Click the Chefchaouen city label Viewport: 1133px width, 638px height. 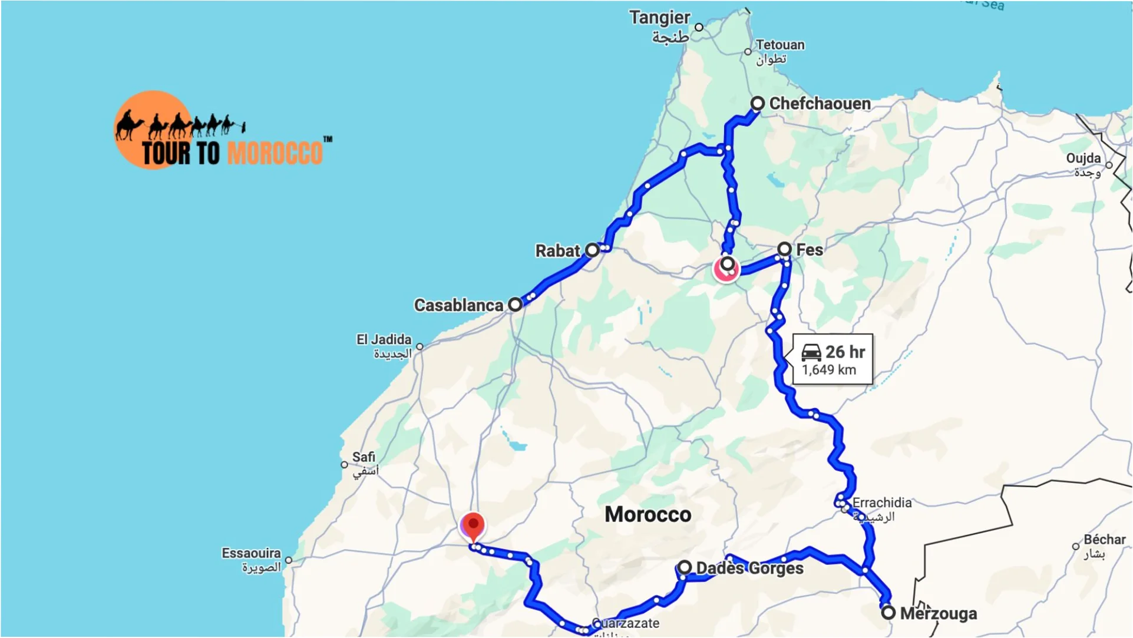pyautogui.click(x=820, y=104)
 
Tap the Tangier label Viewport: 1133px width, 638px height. pyautogui.click(x=659, y=18)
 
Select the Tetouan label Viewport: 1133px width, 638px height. pyautogui.click(x=779, y=45)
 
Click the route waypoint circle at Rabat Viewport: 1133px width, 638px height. pyautogui.click(x=593, y=250)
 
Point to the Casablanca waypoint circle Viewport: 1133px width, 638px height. pyautogui.click(x=515, y=305)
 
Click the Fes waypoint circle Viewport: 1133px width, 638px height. pyautogui.click(x=784, y=249)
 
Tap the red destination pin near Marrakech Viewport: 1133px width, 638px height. pyautogui.click(x=473, y=525)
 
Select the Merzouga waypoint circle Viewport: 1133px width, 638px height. pyautogui.click(x=888, y=613)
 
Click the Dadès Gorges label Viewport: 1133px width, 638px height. pyautogui.click(x=749, y=568)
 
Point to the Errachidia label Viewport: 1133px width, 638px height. pyautogui.click(x=881, y=503)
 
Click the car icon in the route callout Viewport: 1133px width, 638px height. pyautogui.click(x=811, y=352)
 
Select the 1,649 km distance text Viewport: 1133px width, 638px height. pyautogui.click(x=828, y=371)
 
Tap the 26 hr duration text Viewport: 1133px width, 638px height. pyautogui.click(x=845, y=352)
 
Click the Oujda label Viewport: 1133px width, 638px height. pyautogui.click(x=1083, y=158)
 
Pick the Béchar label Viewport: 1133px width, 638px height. pyautogui.click(x=1104, y=540)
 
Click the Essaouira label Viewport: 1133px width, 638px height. pyautogui.click(x=251, y=553)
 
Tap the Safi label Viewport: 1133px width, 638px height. pyautogui.click(x=364, y=457)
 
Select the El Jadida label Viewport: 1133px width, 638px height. pyautogui.click(x=384, y=340)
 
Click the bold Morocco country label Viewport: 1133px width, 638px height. pyautogui.click(x=648, y=515)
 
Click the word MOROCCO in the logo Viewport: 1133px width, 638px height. pyautogui.click(x=275, y=153)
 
